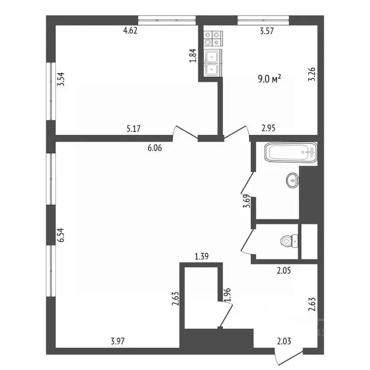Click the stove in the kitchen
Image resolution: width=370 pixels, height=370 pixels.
point(212,39)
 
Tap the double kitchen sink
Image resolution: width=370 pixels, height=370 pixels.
point(212,63)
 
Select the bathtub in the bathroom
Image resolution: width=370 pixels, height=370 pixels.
point(291,154)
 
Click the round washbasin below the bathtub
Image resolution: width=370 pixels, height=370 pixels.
point(292,181)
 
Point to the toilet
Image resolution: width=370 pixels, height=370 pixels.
point(290,239)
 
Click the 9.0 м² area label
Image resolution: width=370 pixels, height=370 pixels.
point(270,79)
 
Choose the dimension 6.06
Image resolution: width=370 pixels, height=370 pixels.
point(154,148)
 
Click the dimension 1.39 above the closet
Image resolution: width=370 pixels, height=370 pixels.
point(201,257)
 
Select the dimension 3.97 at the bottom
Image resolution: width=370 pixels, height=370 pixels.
point(119,342)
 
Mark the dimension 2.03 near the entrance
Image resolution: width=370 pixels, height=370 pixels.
point(284,342)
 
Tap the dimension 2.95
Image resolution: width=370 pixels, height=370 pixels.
point(269,129)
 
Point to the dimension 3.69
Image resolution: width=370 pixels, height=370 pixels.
point(247,200)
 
